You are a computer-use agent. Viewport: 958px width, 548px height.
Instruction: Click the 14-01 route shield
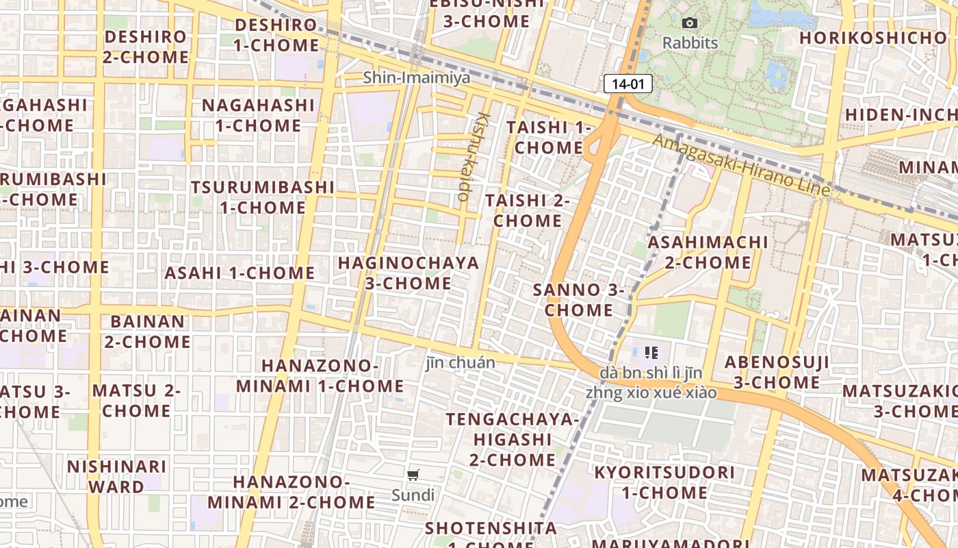pyautogui.click(x=627, y=84)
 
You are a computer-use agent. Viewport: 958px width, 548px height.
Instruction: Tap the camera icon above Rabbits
pyautogui.click(x=690, y=23)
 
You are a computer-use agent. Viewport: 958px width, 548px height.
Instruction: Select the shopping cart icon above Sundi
pyautogui.click(x=413, y=475)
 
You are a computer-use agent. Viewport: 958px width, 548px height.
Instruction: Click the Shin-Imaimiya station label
pyautogui.click(x=416, y=77)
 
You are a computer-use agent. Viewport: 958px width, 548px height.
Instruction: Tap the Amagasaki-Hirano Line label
pyautogui.click(x=741, y=164)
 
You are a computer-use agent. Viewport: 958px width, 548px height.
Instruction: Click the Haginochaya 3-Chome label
pyautogui.click(x=408, y=273)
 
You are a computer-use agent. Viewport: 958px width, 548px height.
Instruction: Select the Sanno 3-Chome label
pyautogui.click(x=578, y=300)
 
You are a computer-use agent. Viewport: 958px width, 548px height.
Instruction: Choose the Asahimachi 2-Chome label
pyautogui.click(x=708, y=252)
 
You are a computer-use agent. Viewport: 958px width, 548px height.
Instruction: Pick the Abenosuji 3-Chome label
pyautogui.click(x=777, y=372)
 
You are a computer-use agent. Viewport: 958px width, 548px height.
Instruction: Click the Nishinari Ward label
pyautogui.click(x=116, y=476)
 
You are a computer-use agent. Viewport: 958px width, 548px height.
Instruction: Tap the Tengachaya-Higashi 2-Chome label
pyautogui.click(x=513, y=439)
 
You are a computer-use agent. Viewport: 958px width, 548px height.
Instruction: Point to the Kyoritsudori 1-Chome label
pyautogui.click(x=664, y=482)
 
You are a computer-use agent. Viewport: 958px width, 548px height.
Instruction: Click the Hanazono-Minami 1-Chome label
pyautogui.click(x=320, y=375)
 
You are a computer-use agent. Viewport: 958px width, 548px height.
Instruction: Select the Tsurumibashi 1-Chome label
pyautogui.click(x=263, y=197)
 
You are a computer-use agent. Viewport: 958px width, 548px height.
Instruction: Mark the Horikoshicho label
pyautogui.click(x=872, y=38)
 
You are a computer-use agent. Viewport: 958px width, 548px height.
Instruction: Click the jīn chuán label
pyautogui.click(x=461, y=362)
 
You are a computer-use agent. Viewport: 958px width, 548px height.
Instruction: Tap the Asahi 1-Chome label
pyautogui.click(x=239, y=273)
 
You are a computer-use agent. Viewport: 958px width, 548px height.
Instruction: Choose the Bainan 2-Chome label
pyautogui.click(x=147, y=331)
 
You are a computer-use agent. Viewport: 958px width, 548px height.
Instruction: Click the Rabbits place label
pyautogui.click(x=690, y=43)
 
